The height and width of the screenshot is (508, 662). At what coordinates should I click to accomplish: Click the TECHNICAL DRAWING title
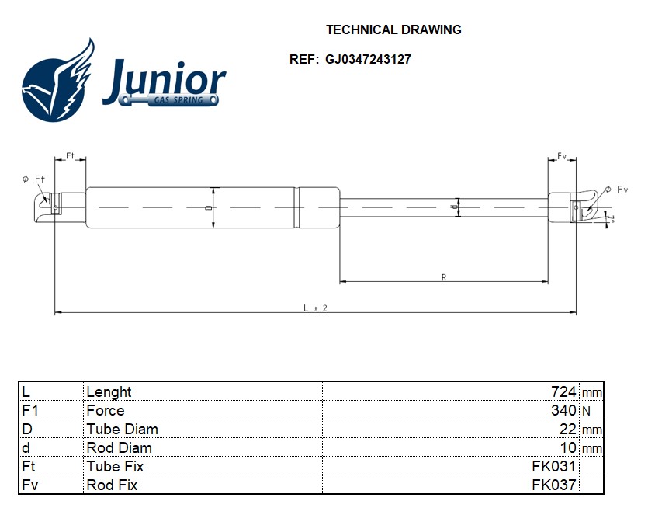tap(393, 30)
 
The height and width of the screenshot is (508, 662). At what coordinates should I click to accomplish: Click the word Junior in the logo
tap(164, 81)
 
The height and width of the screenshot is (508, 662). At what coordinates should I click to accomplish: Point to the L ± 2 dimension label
tap(315, 308)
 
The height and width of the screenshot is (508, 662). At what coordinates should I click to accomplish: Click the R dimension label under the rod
tap(443, 277)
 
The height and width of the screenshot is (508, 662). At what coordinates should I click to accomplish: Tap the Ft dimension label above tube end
tap(70, 156)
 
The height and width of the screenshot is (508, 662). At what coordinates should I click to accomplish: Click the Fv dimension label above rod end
tap(562, 156)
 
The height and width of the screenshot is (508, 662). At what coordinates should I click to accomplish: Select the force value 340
tap(564, 410)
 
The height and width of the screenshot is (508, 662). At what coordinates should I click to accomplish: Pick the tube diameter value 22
tap(568, 429)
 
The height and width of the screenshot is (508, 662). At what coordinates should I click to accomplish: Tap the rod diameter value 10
tap(568, 447)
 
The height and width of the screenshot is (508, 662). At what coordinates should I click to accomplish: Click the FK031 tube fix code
tap(553, 466)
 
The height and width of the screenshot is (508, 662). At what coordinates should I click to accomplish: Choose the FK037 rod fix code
tap(553, 485)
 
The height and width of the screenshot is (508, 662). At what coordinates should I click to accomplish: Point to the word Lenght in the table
tap(109, 391)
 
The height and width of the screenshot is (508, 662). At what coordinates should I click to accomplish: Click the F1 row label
tap(30, 410)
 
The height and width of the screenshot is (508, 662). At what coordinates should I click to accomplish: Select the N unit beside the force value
tap(586, 410)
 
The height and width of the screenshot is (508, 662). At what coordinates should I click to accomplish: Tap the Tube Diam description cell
tap(122, 429)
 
